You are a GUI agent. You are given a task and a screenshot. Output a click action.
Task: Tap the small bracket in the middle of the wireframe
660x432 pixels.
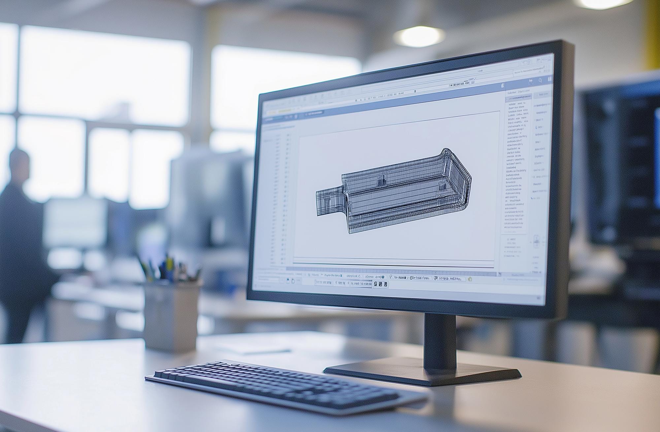pos(381,180)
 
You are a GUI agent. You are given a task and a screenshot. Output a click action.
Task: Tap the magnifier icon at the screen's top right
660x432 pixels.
pos(540,80)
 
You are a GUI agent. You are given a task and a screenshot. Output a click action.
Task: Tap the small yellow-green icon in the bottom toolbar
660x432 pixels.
pos(470,279)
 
